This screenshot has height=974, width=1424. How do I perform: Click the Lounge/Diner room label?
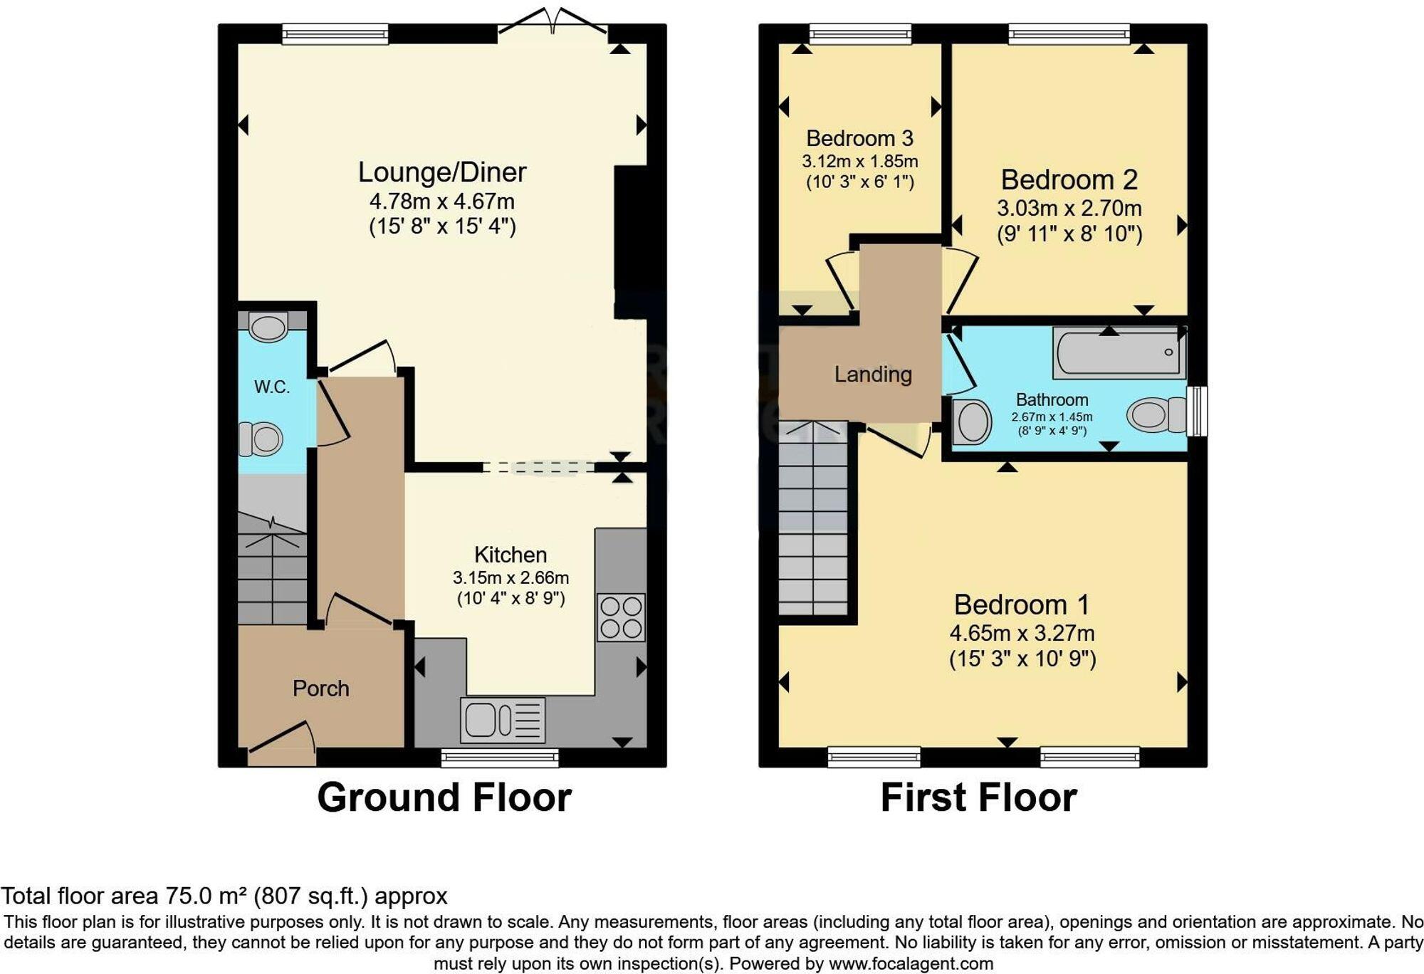coord(441,172)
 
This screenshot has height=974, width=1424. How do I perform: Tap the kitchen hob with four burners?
coord(621,617)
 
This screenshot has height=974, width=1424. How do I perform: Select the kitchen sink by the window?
coord(503,720)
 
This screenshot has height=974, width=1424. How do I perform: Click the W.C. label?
coord(272,387)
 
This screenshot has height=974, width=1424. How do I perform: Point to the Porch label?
coord(320,688)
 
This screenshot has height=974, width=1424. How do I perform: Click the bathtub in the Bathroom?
coord(1119,352)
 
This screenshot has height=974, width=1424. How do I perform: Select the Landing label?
coord(873,375)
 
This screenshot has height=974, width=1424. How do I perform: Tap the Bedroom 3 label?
coord(859,138)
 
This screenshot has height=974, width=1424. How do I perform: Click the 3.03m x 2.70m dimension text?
coord(1069,209)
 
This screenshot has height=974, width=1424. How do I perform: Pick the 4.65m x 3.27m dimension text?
coord(1022,633)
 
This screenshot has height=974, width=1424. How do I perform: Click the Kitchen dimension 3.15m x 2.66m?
coord(511,577)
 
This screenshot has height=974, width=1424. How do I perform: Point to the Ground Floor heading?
coord(444,797)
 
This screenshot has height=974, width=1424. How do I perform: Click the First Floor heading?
coord(978,797)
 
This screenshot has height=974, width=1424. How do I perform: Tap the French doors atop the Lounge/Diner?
coord(553,25)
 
